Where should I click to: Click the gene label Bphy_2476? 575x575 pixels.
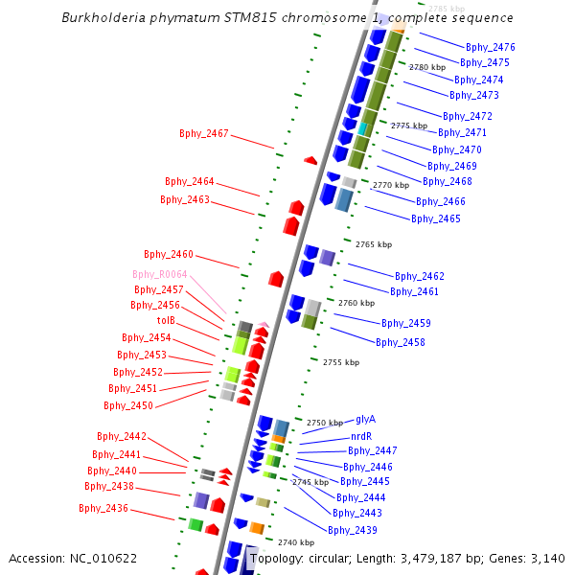(490, 47)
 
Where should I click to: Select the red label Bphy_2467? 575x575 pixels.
(204, 133)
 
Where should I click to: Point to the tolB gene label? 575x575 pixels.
(166, 320)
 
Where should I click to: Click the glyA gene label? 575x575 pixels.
(365, 419)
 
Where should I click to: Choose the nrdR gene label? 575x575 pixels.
(361, 437)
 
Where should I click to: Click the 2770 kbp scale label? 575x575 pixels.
(391, 185)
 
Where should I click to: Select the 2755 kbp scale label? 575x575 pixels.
(341, 362)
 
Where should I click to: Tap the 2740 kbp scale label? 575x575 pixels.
(296, 542)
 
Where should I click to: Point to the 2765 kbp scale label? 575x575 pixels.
(374, 244)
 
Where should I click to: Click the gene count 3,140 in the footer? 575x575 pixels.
(547, 559)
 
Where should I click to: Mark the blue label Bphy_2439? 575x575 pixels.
(353, 530)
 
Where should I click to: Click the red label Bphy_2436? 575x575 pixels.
(103, 508)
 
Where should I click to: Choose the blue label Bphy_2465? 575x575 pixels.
(436, 218)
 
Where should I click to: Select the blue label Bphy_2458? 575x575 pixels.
(401, 342)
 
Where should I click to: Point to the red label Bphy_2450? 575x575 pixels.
(128, 405)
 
